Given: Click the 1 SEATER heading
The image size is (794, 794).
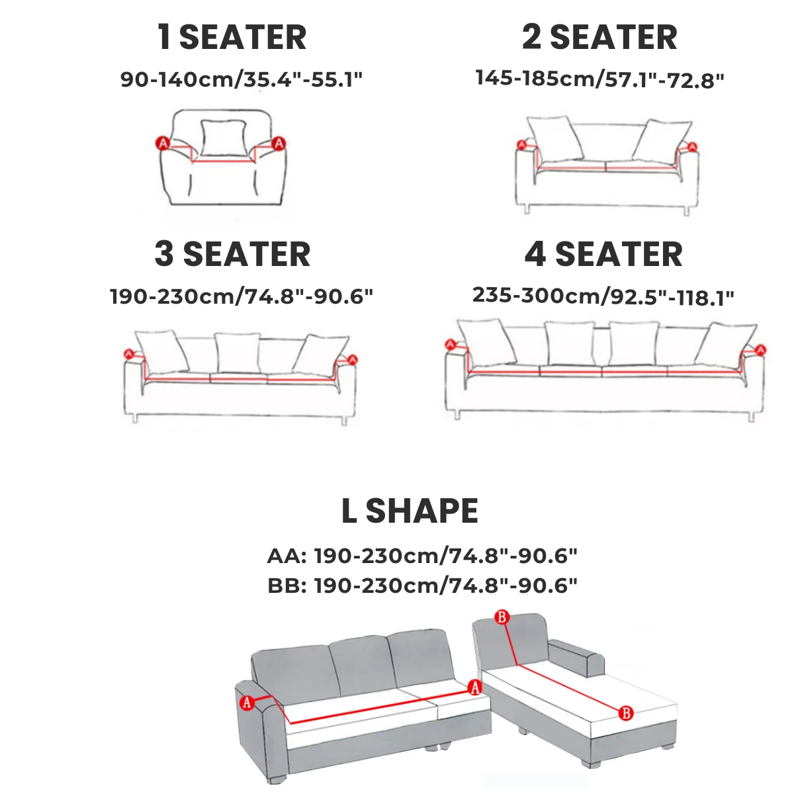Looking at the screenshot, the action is pos(232,37).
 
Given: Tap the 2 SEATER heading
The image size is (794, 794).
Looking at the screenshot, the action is pos(599,37).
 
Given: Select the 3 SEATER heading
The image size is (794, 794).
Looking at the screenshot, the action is pos(232,254).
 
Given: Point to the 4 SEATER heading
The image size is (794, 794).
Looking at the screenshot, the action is pos(603,254).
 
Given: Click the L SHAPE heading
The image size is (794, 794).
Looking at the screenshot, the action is pos(410,511).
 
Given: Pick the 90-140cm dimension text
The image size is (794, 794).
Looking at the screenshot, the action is pos(242,79).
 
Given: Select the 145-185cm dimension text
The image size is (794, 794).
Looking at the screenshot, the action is pos(599,79).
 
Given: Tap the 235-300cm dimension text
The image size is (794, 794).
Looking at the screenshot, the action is pos(603,296).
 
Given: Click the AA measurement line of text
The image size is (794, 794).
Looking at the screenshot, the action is pos(422,556).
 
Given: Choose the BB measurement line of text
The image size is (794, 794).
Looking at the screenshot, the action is pos(422,586).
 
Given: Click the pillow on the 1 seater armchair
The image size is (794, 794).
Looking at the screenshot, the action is pos(224,138).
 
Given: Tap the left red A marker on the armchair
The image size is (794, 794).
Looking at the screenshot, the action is pos(163,144).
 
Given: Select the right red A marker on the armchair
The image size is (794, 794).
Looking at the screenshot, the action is pos(279,144).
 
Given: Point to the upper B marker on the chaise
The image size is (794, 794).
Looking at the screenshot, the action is pos(502,617).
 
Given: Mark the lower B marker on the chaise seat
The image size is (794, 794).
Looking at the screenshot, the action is pos(626,713).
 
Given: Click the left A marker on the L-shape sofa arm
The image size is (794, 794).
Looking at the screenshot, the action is pos(246,702).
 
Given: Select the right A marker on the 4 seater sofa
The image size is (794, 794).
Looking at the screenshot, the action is pos(761,350).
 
